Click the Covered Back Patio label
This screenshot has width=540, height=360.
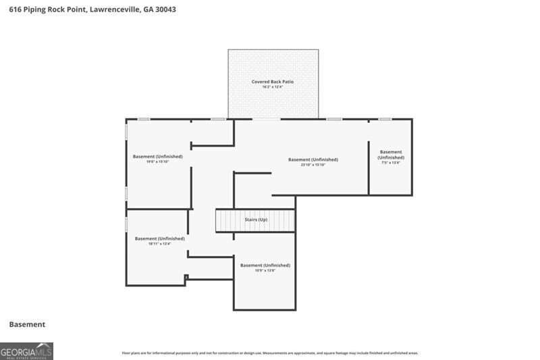coord(273,82)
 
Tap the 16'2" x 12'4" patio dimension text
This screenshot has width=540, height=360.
coord(273,87)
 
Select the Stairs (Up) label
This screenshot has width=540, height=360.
coord(256,220)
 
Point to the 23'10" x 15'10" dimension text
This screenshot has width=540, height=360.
coord(313,165)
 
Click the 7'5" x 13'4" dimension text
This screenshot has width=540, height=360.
coord(391,163)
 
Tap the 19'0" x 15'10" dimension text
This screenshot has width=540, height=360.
coord(157,161)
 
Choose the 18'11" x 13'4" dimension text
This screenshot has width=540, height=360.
coord(159,243)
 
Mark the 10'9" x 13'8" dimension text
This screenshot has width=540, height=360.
coord(265,270)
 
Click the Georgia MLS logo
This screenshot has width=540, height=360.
coord(26,351)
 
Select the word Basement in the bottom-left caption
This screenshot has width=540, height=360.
coord(27,325)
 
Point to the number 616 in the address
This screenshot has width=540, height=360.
coord(15,10)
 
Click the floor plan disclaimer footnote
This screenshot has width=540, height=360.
coord(270,353)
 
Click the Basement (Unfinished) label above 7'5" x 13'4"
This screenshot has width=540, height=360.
coord(391,155)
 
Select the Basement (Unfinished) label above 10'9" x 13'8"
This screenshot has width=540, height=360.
coord(265,265)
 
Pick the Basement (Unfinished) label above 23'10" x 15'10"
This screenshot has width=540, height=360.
coord(313,159)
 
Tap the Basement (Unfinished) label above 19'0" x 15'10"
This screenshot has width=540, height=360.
coord(157,156)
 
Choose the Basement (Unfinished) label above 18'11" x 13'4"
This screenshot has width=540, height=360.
coord(159,238)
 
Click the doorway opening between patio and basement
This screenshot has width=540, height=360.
coord(267,120)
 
